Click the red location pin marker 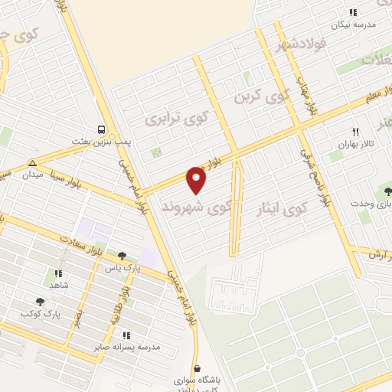[197, 180]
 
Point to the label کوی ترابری [177, 119]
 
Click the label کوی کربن [260, 97]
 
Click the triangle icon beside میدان [32, 163]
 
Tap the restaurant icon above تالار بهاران [354, 131]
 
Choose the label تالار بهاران [353, 144]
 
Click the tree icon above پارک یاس [122, 256]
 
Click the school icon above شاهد [57, 273]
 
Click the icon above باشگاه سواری [198, 368]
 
